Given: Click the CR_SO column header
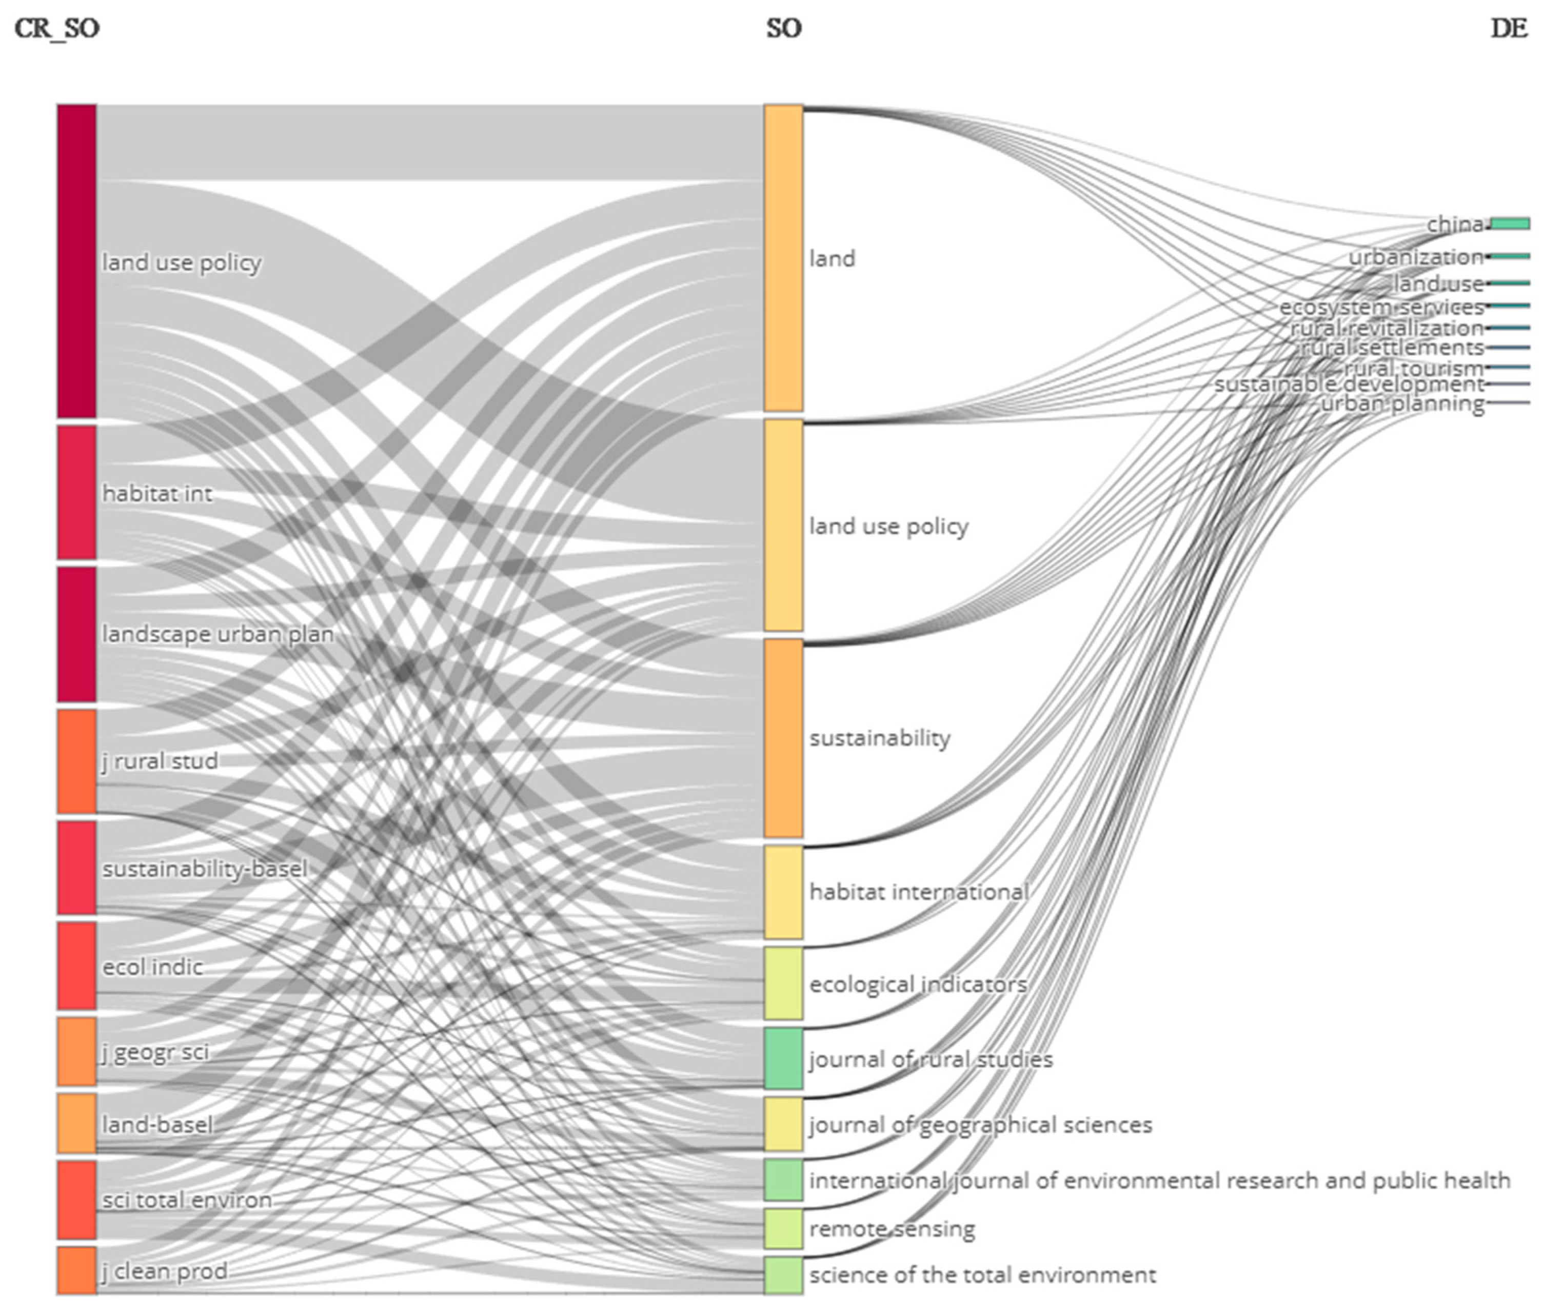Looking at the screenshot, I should [x=56, y=28].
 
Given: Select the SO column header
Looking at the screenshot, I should [x=783, y=28].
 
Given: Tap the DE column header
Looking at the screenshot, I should [x=1509, y=28].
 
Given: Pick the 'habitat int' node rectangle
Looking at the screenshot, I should [x=77, y=492].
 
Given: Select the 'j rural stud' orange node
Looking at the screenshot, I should [x=77, y=761].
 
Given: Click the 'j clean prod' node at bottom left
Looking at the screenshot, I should [x=77, y=1270].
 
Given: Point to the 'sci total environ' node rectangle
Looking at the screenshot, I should [x=77, y=1199].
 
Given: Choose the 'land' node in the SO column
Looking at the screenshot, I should [x=783, y=257].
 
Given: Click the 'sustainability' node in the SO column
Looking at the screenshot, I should [x=783, y=738].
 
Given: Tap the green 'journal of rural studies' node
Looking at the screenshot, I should [x=783, y=1058].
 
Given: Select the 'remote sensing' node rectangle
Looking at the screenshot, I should [x=783, y=1228].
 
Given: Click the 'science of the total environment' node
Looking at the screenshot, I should [x=783, y=1275].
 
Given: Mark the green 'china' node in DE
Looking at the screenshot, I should [x=1510, y=224].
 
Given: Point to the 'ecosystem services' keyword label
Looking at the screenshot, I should [x=1381, y=307].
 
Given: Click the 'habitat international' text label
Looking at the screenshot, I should [x=919, y=891].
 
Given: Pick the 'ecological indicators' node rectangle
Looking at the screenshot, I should [x=783, y=983].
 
